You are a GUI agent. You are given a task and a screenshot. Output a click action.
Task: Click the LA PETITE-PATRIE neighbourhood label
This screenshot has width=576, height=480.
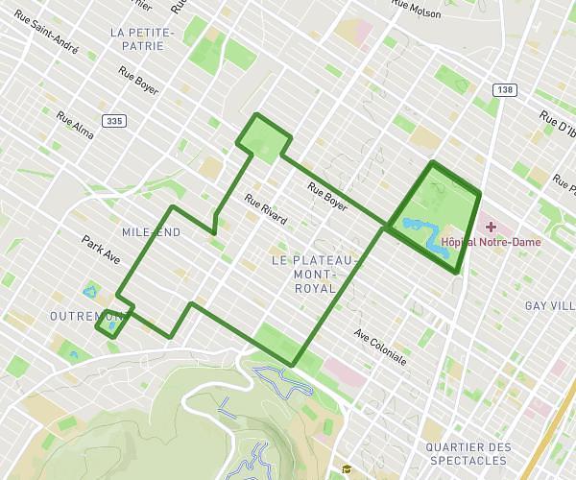click(x=141, y=38)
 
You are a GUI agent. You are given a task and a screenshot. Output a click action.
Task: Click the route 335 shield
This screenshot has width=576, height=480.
click(x=114, y=121)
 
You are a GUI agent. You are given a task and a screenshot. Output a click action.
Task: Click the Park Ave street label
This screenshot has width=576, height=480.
click(x=101, y=251)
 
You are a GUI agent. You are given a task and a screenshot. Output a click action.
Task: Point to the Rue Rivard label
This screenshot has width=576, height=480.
click(x=266, y=210)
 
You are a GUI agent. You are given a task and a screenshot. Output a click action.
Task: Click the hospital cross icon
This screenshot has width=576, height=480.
click(x=491, y=227)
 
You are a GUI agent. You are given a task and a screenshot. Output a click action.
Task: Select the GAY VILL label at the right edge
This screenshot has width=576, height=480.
click(x=549, y=305)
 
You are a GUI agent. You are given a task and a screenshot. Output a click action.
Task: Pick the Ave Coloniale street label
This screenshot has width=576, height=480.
click(x=380, y=348)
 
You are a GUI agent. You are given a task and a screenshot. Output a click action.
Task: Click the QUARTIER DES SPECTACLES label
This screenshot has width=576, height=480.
click(x=468, y=454)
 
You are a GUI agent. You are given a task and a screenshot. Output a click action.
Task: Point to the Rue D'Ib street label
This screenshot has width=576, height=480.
click(x=557, y=126)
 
